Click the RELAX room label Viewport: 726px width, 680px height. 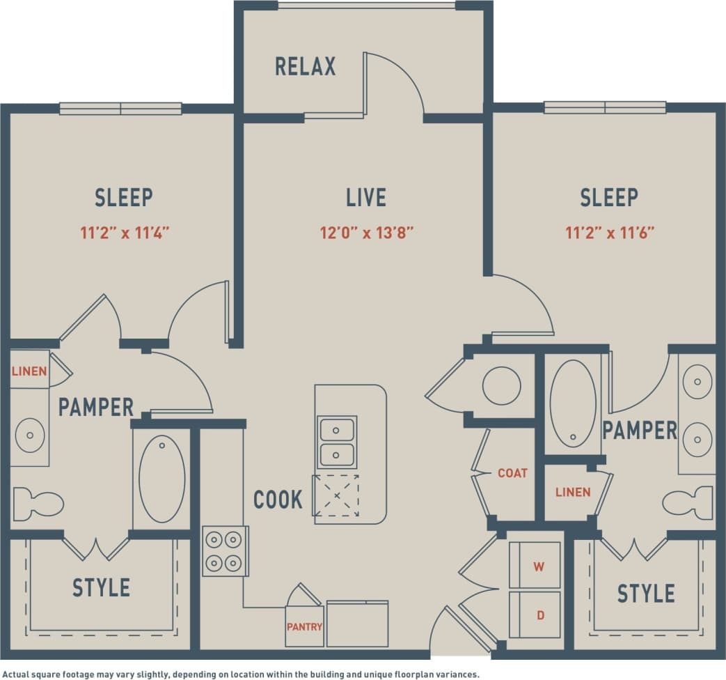click(305, 66)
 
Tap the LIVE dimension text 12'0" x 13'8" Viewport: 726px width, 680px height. click(367, 233)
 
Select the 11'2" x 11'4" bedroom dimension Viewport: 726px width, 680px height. click(124, 233)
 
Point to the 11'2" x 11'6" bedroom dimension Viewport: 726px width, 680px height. click(609, 233)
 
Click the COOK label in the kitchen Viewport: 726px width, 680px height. click(278, 500)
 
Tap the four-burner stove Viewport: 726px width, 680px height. click(225, 550)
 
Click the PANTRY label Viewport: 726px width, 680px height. click(304, 626)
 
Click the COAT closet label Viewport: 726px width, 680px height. click(512, 473)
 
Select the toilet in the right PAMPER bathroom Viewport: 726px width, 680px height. click(687, 503)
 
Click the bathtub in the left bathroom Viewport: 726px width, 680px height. click(161, 479)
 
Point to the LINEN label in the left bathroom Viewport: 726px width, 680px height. click(29, 371)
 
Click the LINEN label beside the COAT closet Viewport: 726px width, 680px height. click(573, 492)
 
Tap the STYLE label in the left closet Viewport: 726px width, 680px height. click(101, 587)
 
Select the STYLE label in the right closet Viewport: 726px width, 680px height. click(646, 594)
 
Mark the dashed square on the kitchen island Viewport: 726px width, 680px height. click(336, 495)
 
